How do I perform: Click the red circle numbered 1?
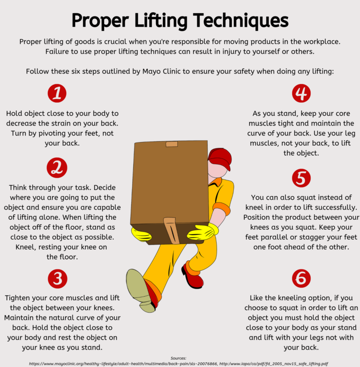coord(57,93)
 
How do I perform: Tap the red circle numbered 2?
coord(57,168)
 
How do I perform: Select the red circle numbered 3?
coord(58,278)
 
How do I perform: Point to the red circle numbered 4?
coord(301,93)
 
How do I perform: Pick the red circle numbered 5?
coord(301,178)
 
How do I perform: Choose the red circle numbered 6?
coord(301,278)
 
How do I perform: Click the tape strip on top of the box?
coord(172,144)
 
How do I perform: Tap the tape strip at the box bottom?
coord(172,231)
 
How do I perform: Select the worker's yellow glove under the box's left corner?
coord(141,234)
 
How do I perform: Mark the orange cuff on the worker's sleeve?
coord(221,208)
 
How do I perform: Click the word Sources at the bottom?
coord(179,358)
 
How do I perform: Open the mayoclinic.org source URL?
coord(123,364)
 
